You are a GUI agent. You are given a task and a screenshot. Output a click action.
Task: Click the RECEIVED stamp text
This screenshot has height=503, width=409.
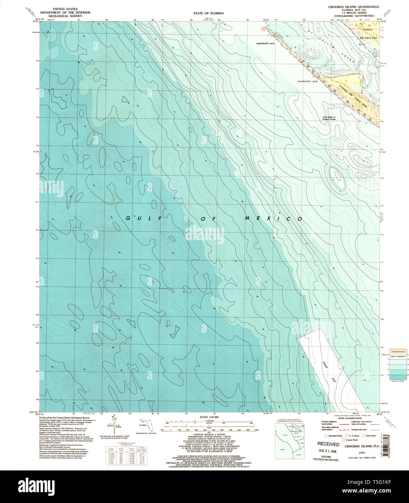328,444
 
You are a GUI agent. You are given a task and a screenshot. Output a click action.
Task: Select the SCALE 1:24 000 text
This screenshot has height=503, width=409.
209,417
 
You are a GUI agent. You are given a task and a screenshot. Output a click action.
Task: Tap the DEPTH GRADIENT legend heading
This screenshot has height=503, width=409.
397,356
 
